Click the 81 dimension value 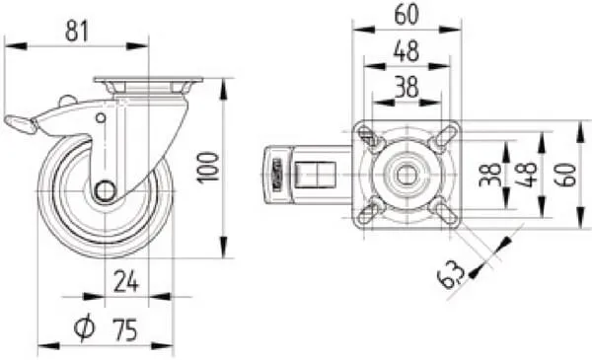coord(77,31)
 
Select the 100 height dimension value coord(208,168)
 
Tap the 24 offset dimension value coord(126,281)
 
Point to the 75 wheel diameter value coord(125,329)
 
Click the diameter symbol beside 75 coord(84,326)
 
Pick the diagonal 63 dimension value coord(451,275)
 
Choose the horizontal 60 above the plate coord(407,15)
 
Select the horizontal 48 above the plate coord(407,51)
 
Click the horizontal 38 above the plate coord(407,87)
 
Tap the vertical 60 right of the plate coord(565,175)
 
